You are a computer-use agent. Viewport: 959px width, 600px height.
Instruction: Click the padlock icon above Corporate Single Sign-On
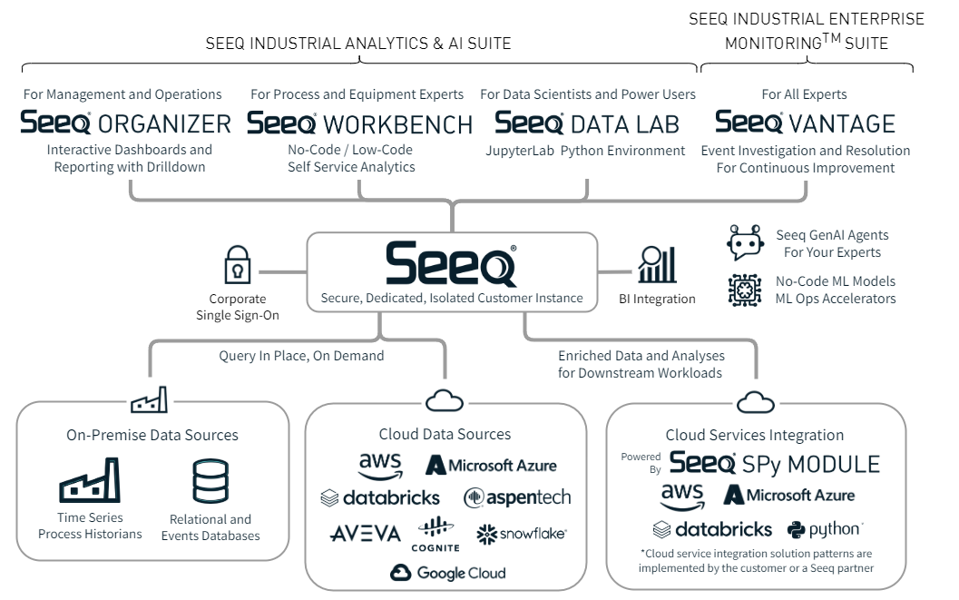click(x=238, y=264)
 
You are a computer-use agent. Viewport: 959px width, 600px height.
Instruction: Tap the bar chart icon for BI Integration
click(x=657, y=264)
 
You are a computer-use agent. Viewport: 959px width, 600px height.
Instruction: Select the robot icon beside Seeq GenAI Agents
click(x=746, y=243)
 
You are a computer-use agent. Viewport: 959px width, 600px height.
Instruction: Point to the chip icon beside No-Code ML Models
click(x=746, y=290)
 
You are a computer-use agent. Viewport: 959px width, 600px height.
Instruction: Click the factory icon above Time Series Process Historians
click(x=90, y=480)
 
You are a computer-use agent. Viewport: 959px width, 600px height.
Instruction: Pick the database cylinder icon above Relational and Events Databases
click(x=210, y=481)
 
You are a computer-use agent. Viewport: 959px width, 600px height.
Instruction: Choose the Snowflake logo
click(x=521, y=534)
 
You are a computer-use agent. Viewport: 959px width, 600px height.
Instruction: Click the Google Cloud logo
click(x=447, y=573)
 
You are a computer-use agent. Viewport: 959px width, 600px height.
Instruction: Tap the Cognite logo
click(x=437, y=534)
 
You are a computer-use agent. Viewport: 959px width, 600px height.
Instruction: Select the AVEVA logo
click(x=365, y=534)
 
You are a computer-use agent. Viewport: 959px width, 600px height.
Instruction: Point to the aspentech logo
click(x=517, y=497)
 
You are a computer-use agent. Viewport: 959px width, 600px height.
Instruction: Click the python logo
click(x=824, y=529)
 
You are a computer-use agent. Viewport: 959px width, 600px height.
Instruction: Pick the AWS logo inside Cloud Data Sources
click(x=380, y=466)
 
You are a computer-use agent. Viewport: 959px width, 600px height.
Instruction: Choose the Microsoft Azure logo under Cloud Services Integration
click(x=788, y=496)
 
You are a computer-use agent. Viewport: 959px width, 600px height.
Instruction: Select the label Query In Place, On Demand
click(x=301, y=356)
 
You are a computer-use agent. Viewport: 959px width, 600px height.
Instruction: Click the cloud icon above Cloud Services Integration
click(x=755, y=402)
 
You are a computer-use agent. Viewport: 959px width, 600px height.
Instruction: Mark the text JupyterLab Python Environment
click(x=585, y=151)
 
